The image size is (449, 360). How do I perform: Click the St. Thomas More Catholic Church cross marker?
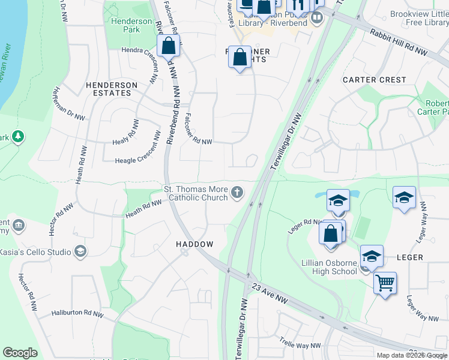tap(238, 193)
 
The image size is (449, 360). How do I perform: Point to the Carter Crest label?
tap(374, 80)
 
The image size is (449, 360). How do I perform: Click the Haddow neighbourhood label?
tap(194, 244)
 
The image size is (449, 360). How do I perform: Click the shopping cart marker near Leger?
tap(385, 281)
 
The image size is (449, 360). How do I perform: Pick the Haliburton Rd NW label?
tap(78, 313)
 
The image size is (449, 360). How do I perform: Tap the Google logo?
tap(20, 353)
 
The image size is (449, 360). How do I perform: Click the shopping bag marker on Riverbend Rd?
tap(169, 45)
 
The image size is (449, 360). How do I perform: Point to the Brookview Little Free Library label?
tap(419, 18)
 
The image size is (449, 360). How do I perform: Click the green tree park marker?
tap(18, 137)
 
